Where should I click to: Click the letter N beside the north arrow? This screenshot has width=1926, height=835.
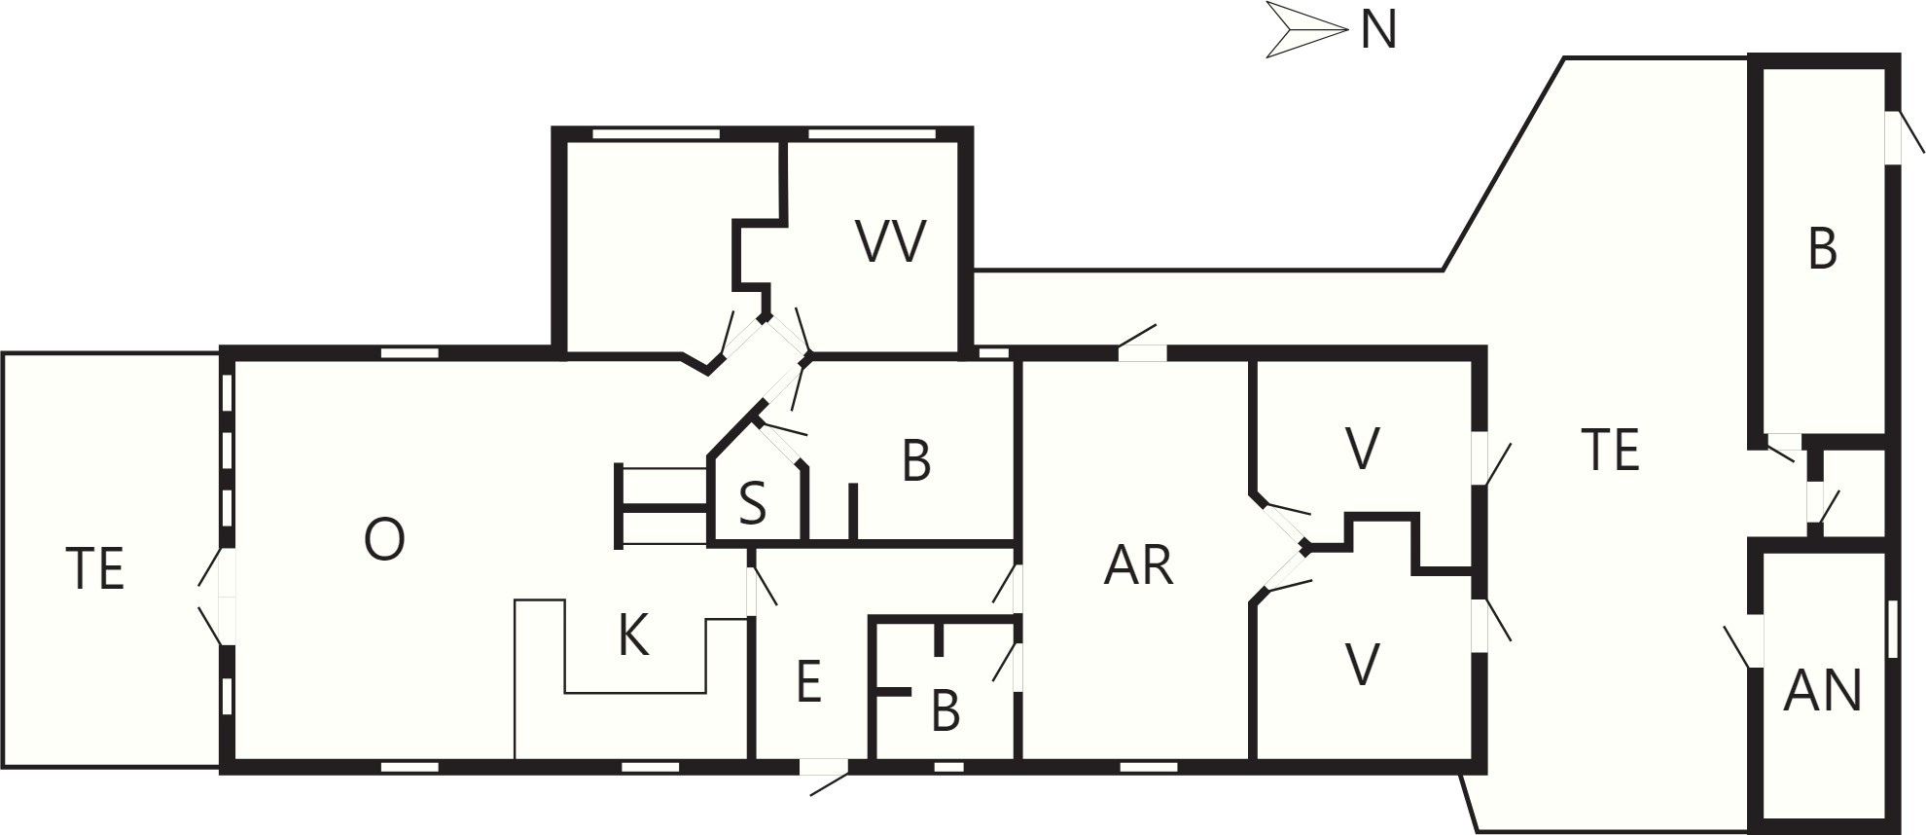pyautogui.click(x=1378, y=29)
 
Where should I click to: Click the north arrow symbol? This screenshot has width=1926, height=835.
pyautogui.click(x=1306, y=30)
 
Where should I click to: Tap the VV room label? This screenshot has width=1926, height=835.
pyautogui.click(x=891, y=241)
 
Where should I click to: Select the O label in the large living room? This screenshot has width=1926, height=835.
pyautogui.click(x=384, y=539)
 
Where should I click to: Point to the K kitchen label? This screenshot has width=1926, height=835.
pyautogui.click(x=633, y=635)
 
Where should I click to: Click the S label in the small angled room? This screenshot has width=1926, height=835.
pyautogui.click(x=752, y=504)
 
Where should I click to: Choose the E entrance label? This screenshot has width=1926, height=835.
pyautogui.click(x=808, y=681)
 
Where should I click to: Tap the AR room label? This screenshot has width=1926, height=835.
pyautogui.click(x=1138, y=565)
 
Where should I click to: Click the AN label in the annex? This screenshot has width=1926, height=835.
pyautogui.click(x=1822, y=691)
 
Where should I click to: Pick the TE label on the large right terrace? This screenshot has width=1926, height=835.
pyautogui.click(x=1611, y=451)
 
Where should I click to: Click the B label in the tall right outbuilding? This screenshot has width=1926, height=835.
pyautogui.click(x=1822, y=249)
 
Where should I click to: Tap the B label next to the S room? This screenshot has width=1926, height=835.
pyautogui.click(x=916, y=462)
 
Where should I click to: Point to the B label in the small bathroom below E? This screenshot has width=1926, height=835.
pyautogui.click(x=945, y=711)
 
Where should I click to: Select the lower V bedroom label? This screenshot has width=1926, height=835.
pyautogui.click(x=1363, y=666)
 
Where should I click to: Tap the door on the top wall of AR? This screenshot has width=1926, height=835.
pyautogui.click(x=1140, y=344)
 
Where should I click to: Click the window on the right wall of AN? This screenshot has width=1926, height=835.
pyautogui.click(x=1892, y=630)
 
